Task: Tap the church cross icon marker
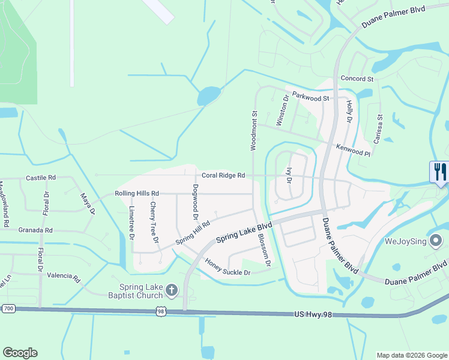click(x=171, y=291)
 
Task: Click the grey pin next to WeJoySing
click(x=436, y=241)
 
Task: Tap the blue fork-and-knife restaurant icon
click(x=440, y=172)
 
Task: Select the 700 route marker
click(x=8, y=308)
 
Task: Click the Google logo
click(x=20, y=353)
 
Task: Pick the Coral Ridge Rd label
click(x=223, y=175)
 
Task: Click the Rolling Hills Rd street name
click(x=137, y=194)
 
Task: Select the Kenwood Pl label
click(x=353, y=149)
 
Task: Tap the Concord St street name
click(x=357, y=79)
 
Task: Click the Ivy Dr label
click(x=289, y=176)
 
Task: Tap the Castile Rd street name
click(x=41, y=178)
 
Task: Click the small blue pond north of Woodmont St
click(x=208, y=95)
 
